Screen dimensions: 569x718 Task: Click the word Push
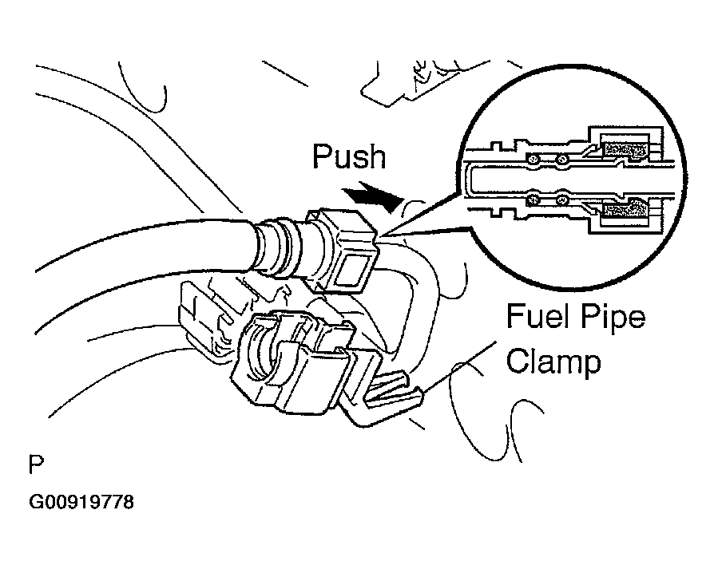[x=348, y=157]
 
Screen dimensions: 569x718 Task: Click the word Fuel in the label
[x=537, y=318]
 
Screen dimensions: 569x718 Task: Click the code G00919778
[x=81, y=504]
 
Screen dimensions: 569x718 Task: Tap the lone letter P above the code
[x=35, y=464]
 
